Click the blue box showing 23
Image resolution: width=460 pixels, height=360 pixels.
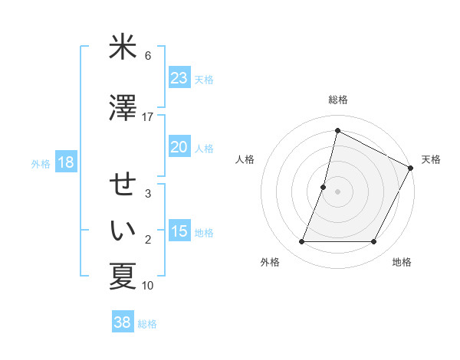[x=179, y=78]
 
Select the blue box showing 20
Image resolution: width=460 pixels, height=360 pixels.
[x=179, y=147]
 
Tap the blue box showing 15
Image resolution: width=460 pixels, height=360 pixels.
[x=179, y=231]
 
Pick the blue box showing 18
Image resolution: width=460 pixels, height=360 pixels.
[x=66, y=162]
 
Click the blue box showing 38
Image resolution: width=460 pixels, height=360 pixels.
[x=123, y=322]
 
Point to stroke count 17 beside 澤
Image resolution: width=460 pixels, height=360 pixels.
[x=148, y=117]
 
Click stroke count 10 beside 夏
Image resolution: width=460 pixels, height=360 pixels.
[x=148, y=286]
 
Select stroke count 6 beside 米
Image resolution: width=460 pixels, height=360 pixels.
[x=148, y=56]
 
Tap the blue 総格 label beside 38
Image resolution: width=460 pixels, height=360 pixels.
[x=147, y=324]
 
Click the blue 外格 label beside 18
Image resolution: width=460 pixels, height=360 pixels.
[x=41, y=163]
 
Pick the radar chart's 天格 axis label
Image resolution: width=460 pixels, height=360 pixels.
[x=431, y=159]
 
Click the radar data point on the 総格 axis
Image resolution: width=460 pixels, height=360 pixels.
[x=337, y=131]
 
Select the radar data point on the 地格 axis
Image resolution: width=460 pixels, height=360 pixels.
[x=374, y=242]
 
